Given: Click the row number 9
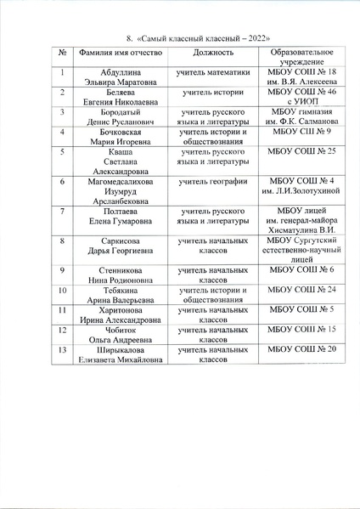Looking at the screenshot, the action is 63,270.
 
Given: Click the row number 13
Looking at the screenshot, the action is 63,348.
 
